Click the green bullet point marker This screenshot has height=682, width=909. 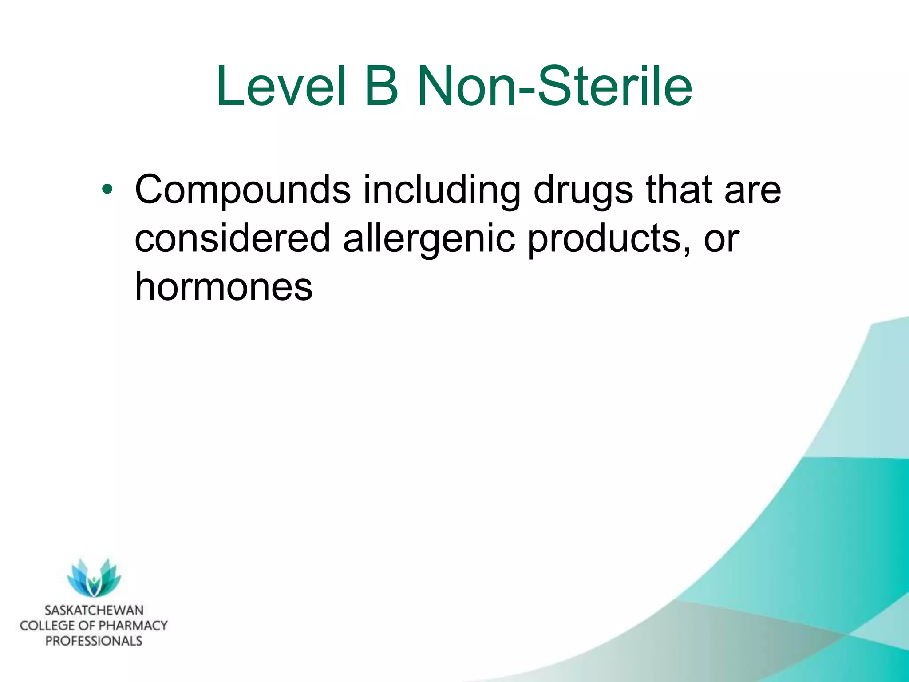click(x=107, y=190)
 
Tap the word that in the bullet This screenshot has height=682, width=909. click(x=679, y=189)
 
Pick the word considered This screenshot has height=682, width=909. click(x=232, y=238)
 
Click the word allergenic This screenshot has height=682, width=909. click(x=429, y=239)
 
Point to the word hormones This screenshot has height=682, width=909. click(x=223, y=286)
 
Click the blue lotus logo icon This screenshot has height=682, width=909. click(x=94, y=577)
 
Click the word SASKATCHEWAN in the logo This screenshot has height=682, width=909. click(x=94, y=610)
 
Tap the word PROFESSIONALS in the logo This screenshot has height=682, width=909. click(x=94, y=641)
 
